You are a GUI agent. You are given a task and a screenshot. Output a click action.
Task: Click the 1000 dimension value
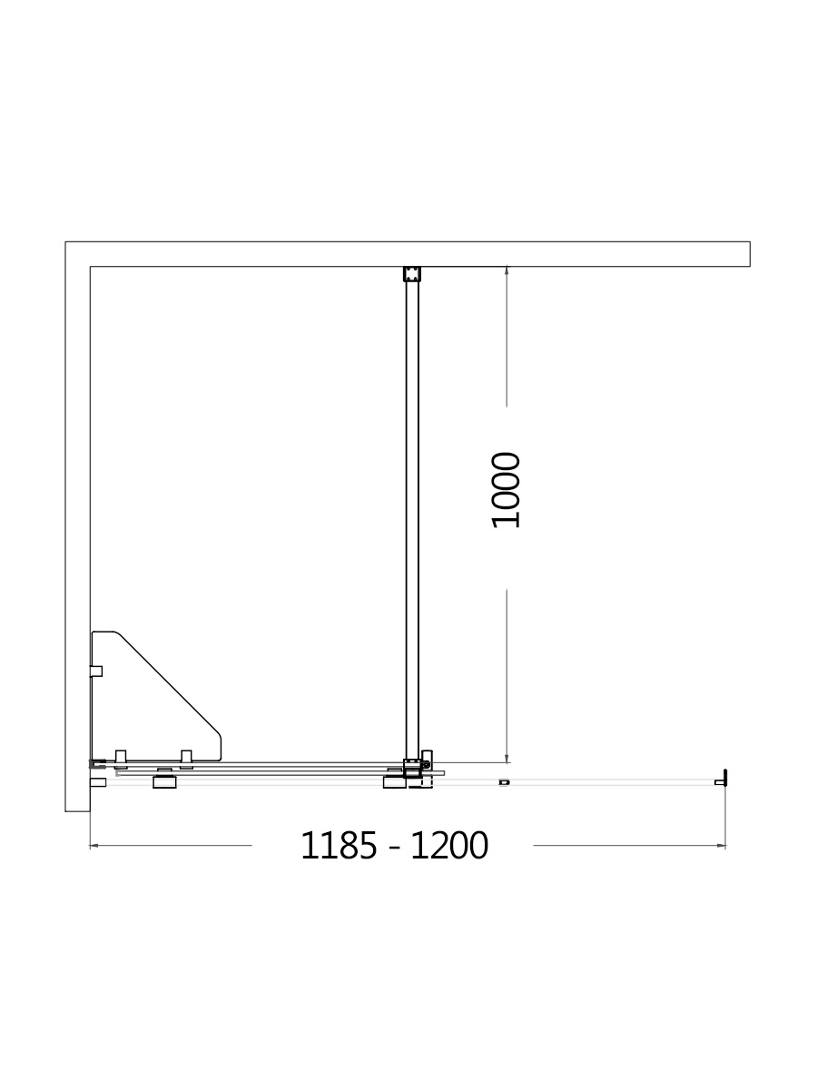506,490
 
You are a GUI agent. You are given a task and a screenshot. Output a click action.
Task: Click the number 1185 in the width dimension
339,846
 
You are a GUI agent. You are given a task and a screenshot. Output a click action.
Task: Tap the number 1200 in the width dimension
449,846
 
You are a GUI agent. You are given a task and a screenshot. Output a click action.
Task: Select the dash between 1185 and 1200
394,849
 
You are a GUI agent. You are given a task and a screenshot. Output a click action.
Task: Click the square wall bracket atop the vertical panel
412,274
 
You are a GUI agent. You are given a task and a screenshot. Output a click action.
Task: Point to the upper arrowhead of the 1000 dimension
507,270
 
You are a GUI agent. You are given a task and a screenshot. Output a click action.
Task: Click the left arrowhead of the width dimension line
94,846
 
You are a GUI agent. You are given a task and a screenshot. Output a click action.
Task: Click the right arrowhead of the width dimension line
722,846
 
